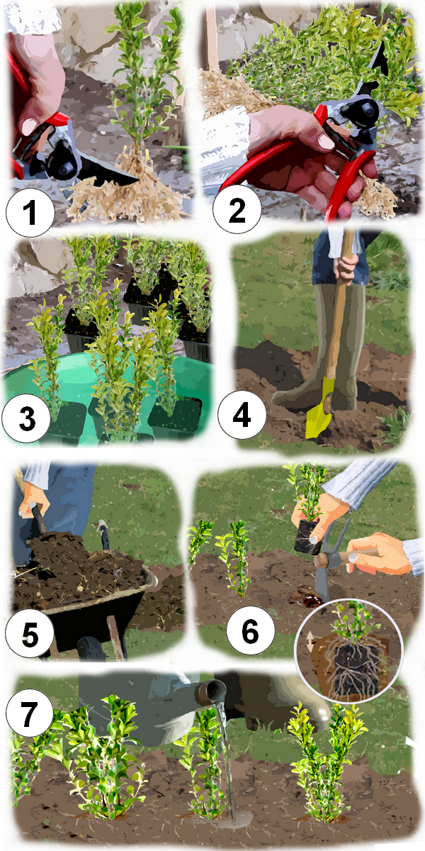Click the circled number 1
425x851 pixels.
click(30, 212)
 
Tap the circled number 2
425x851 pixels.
click(237, 209)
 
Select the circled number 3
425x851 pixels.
click(26, 418)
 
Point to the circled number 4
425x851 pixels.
click(242, 414)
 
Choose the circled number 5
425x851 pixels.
click(30, 634)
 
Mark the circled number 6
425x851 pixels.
click(251, 631)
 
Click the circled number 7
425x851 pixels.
click(30, 714)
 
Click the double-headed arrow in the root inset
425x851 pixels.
click(310, 642)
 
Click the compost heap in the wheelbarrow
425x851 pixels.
click(76, 562)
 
